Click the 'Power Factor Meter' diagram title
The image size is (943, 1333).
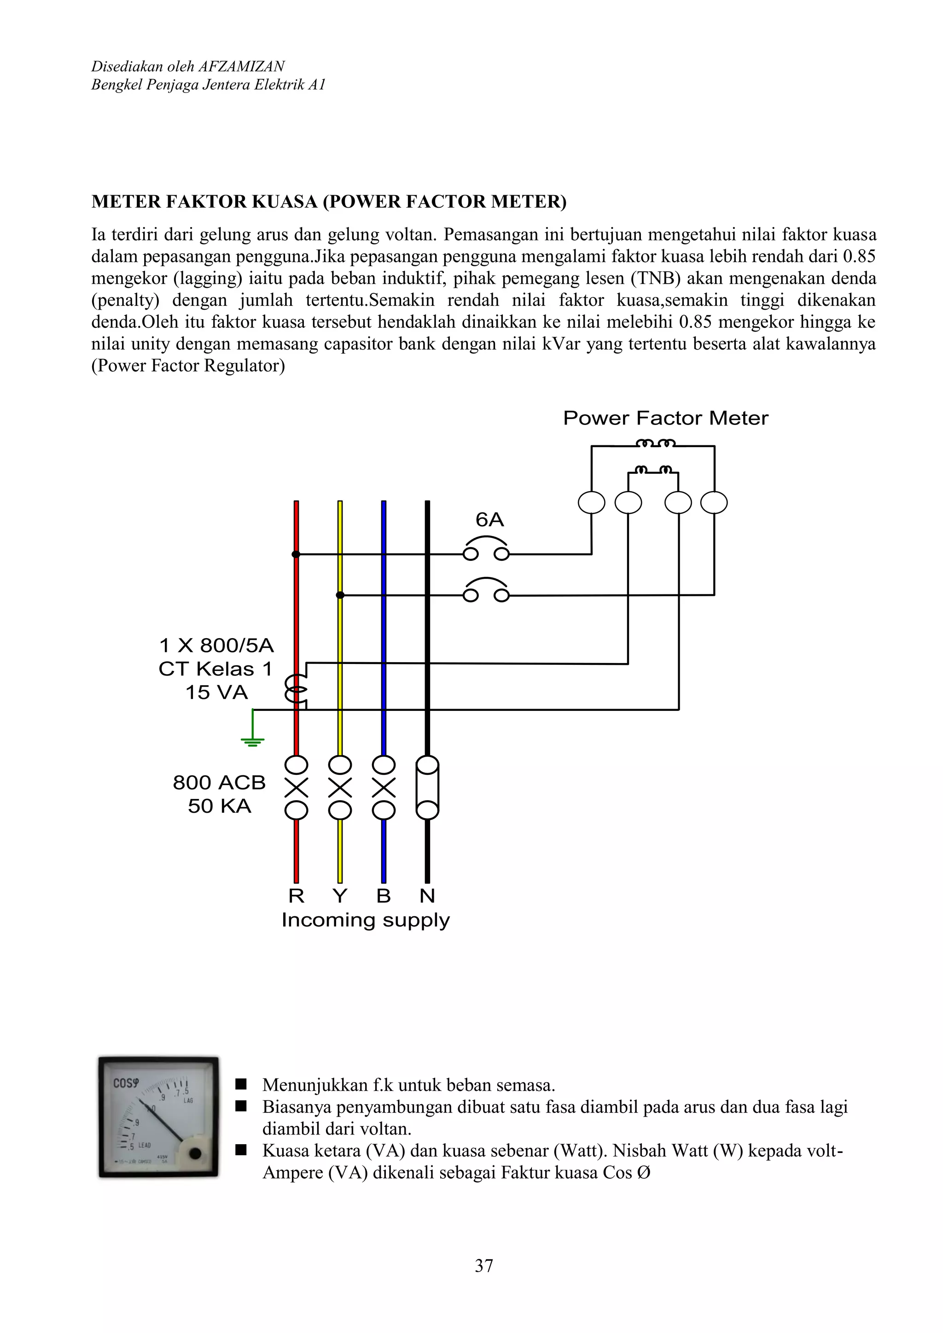point(665,418)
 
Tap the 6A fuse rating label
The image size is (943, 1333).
point(489,519)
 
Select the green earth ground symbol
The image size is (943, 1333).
point(253,741)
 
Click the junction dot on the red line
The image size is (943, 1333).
point(296,554)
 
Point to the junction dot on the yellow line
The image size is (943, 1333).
point(340,595)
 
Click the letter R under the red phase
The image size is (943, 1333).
point(296,896)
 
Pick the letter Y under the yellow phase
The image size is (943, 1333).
point(340,896)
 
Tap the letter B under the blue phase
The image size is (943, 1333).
point(383,896)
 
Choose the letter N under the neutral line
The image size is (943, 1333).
point(427,896)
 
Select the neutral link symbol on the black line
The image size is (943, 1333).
point(427,788)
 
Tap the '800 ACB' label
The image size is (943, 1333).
point(219,783)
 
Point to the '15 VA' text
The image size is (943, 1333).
point(216,693)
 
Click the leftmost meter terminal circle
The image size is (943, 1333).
point(592,503)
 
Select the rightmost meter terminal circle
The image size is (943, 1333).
point(714,503)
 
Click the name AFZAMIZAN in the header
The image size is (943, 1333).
point(242,66)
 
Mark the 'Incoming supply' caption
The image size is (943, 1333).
point(366,921)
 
